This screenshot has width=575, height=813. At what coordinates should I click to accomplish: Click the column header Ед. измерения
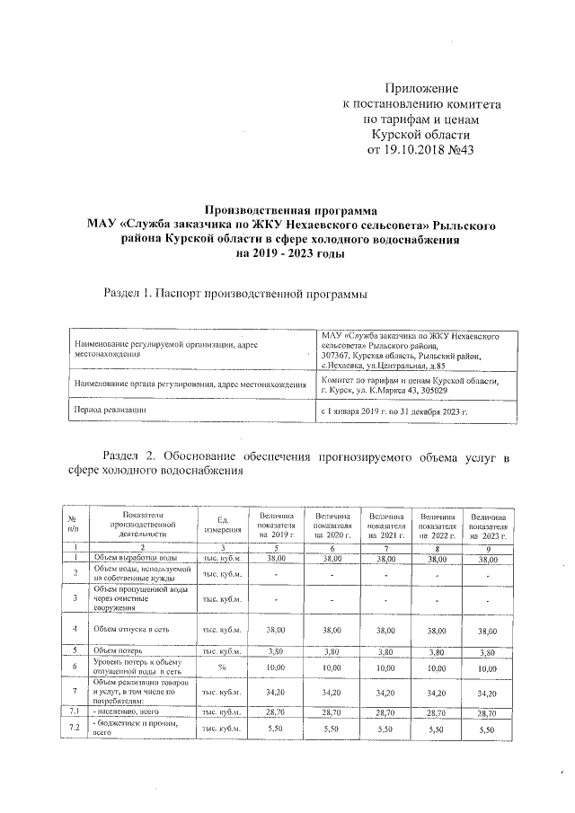218,525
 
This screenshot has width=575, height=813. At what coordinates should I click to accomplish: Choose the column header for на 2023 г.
489,525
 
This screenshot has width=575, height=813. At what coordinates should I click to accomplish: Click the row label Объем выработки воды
130,558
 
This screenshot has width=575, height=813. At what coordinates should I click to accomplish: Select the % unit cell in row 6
220,667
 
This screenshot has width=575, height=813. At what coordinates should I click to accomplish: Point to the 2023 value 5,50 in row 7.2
489,729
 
